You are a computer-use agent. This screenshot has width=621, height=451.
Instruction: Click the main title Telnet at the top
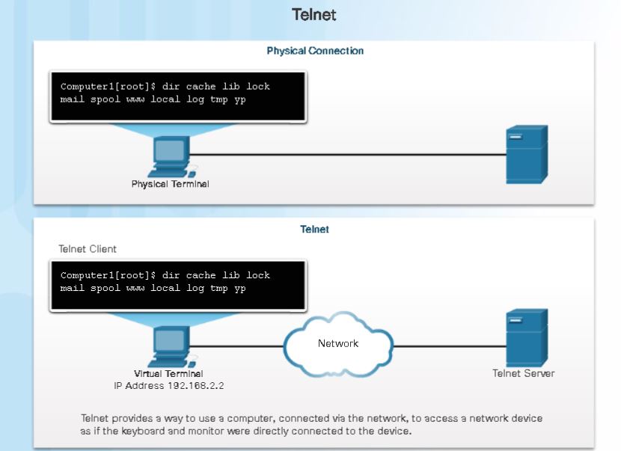(310, 15)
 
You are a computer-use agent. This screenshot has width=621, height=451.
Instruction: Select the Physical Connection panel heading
(315, 52)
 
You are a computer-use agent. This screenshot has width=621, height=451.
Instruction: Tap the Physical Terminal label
(170, 184)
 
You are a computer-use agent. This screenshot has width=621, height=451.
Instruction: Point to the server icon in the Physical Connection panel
(527, 154)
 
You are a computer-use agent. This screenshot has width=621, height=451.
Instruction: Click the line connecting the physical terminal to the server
(344, 155)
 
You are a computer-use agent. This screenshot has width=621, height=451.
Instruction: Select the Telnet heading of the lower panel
(314, 230)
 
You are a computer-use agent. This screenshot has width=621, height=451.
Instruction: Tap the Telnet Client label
(88, 249)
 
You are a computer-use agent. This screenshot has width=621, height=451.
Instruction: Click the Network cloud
(338, 345)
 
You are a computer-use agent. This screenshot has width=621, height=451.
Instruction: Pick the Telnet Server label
(524, 373)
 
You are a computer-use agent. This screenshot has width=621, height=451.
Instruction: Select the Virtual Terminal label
(168, 374)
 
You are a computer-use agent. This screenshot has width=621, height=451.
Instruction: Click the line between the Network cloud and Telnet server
(449, 346)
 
